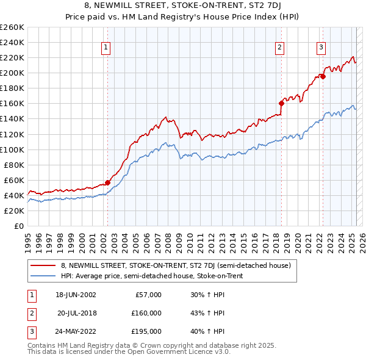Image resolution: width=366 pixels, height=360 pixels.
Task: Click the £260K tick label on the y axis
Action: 12,27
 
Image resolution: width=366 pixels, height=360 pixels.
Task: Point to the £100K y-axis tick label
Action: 12,149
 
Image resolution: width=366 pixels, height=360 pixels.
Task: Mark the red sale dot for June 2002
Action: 108,182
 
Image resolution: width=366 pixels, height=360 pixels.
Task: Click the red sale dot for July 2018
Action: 281,103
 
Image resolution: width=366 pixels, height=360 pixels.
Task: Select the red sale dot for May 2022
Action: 323,76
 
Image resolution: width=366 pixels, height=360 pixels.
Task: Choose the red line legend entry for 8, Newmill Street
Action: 176,265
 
